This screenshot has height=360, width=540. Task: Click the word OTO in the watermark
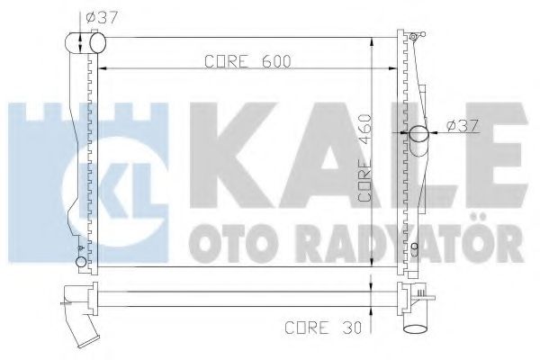click(x=228, y=242)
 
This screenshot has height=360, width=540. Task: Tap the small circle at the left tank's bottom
click(x=82, y=263)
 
